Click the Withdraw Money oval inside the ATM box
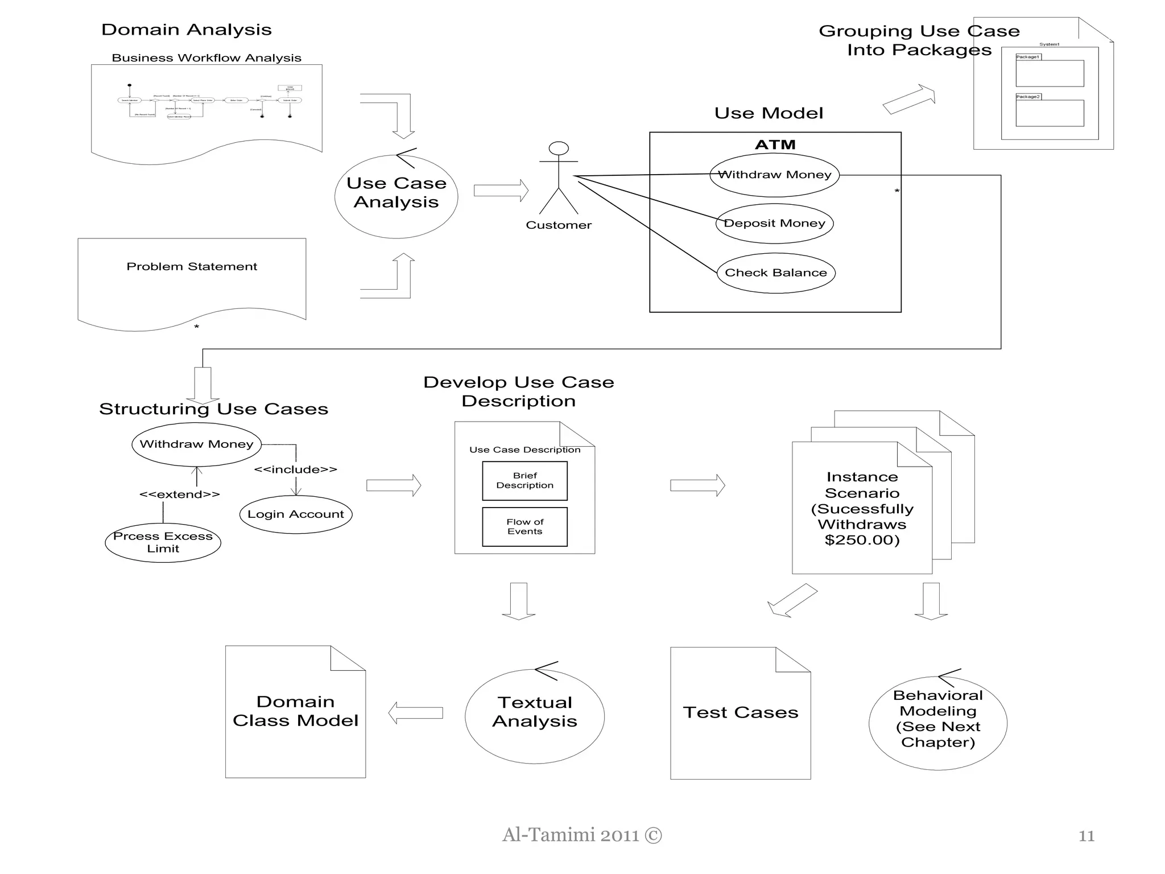(774, 175)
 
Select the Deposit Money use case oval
(774, 223)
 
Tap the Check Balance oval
(776, 273)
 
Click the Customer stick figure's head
(559, 149)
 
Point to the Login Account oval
(296, 514)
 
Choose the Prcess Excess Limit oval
(163, 543)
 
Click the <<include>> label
(295, 469)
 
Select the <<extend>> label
(179, 494)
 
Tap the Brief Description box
(524, 481)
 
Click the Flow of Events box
(524, 527)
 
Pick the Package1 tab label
(1028, 57)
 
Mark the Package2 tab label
(1028, 97)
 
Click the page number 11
(1086, 836)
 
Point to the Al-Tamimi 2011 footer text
(582, 835)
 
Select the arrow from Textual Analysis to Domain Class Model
(415, 712)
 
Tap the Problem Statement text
(192, 266)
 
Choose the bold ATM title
(775, 145)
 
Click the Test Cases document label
(741, 712)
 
